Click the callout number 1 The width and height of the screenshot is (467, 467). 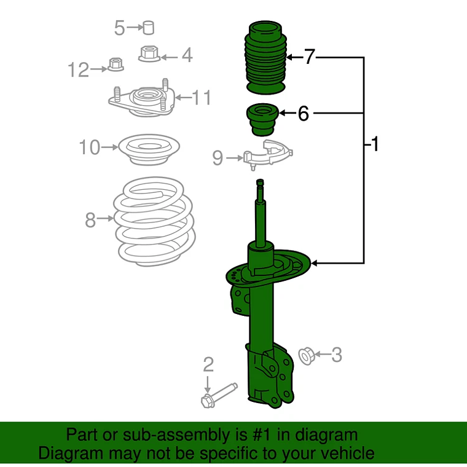(x=374, y=145)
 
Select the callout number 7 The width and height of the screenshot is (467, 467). (x=309, y=58)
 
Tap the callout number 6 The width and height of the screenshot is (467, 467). (x=303, y=114)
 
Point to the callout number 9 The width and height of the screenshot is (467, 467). (x=218, y=159)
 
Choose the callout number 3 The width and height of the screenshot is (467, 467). (x=336, y=355)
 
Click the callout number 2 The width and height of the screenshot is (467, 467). (x=208, y=366)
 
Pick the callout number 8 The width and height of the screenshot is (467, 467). (x=90, y=219)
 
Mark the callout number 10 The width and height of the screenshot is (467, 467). (x=89, y=147)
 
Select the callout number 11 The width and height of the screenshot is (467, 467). (x=202, y=97)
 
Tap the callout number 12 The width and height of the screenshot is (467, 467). (x=79, y=70)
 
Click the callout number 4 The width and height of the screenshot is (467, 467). (x=186, y=56)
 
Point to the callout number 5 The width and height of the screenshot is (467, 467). (x=119, y=28)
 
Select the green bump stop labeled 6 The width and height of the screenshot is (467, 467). (x=262, y=120)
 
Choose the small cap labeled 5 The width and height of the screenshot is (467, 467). (x=148, y=27)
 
